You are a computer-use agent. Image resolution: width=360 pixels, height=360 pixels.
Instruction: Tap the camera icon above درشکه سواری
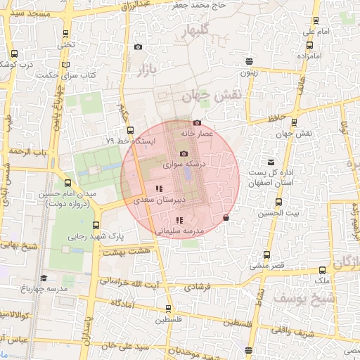pyautogui.click(x=184, y=154)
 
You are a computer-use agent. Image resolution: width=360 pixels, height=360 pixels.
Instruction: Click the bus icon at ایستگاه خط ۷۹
pyautogui.click(x=130, y=130)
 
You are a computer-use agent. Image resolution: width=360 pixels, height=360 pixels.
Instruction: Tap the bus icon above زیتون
pyautogui.click(x=249, y=60)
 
